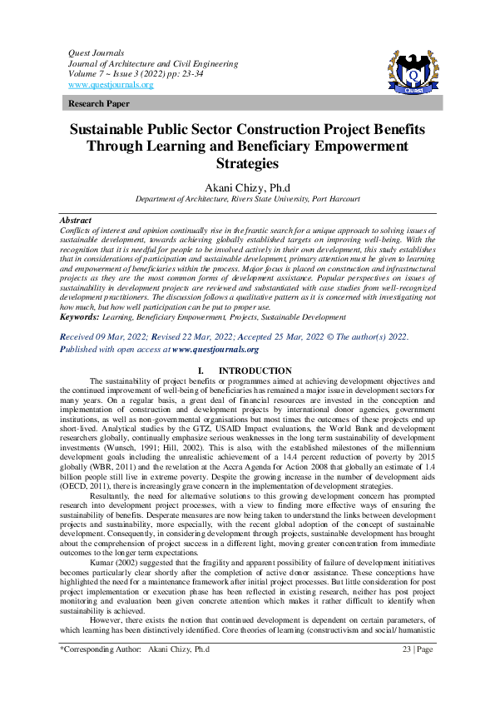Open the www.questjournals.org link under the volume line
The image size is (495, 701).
111,85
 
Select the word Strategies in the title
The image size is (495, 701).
247,163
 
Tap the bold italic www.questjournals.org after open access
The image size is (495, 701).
220,350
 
